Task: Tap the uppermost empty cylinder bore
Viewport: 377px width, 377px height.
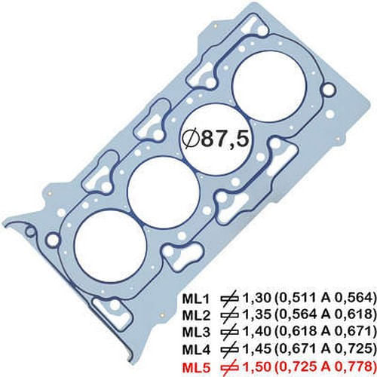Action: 270,84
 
